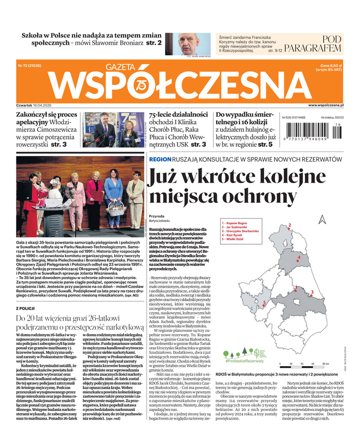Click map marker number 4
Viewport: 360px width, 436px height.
(x=299, y=257)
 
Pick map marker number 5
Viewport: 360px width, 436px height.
(x=264, y=302)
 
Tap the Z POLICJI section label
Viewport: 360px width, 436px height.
(x=28, y=308)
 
